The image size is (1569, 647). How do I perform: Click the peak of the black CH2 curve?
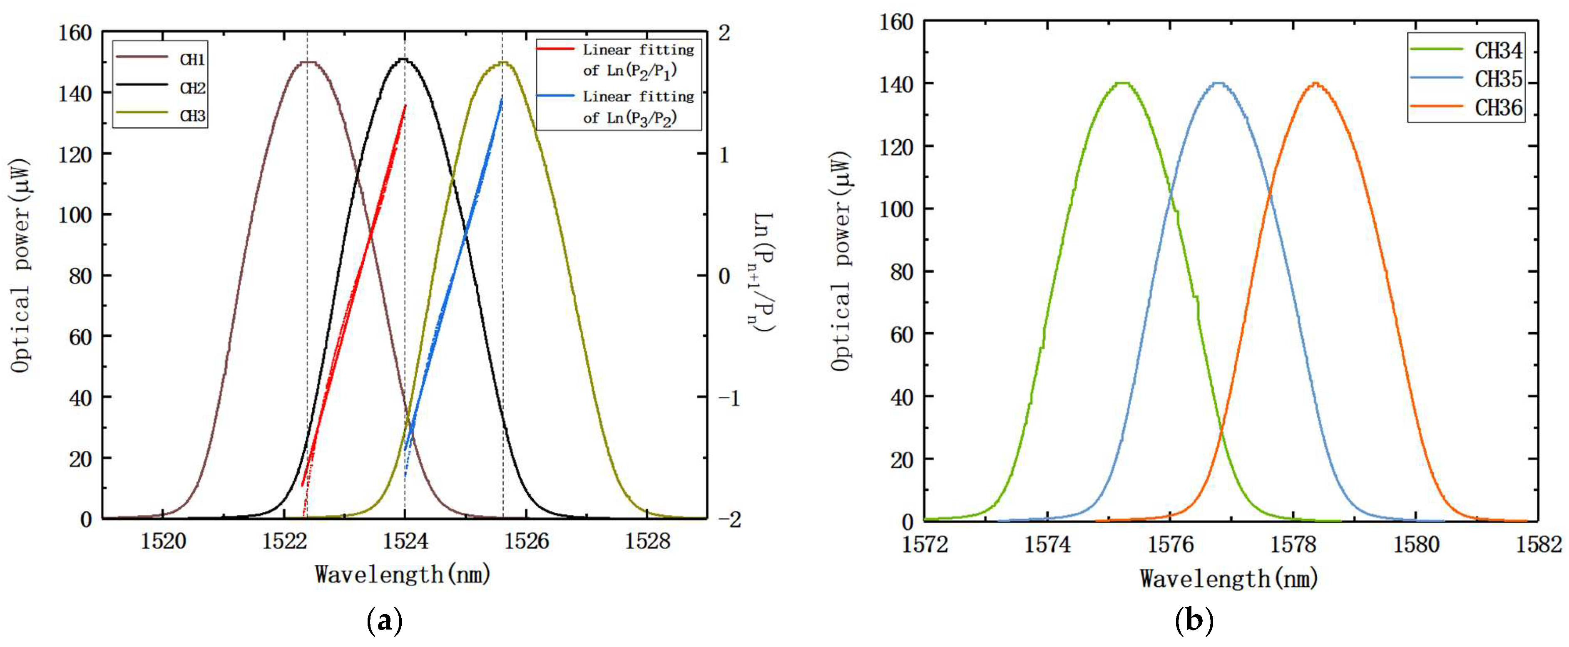(404, 59)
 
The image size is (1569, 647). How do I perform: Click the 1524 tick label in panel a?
(405, 541)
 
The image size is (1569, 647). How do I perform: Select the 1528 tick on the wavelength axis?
(647, 541)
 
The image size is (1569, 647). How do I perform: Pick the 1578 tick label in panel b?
(1293, 543)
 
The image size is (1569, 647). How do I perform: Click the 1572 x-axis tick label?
(925, 543)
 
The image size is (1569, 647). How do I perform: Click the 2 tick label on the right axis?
(724, 33)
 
